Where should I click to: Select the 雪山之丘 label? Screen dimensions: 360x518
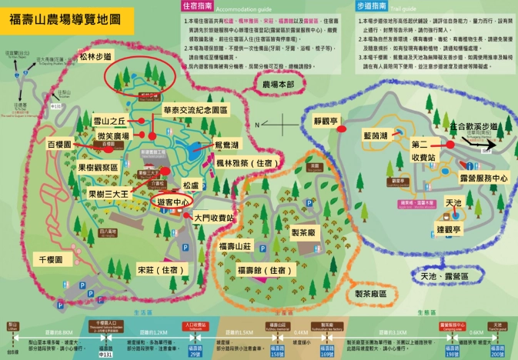109,122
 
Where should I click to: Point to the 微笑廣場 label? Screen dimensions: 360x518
112,135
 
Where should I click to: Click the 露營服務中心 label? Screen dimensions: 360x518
479,177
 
